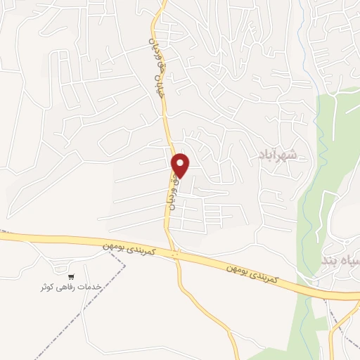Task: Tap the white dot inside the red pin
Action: pyautogui.click(x=181, y=162)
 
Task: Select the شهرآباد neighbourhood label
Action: pyautogui.click(x=278, y=153)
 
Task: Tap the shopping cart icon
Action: pyautogui.click(x=70, y=276)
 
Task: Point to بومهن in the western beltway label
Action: pyautogui.click(x=116, y=244)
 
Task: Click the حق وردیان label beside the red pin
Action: pyautogui.click(x=172, y=190)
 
